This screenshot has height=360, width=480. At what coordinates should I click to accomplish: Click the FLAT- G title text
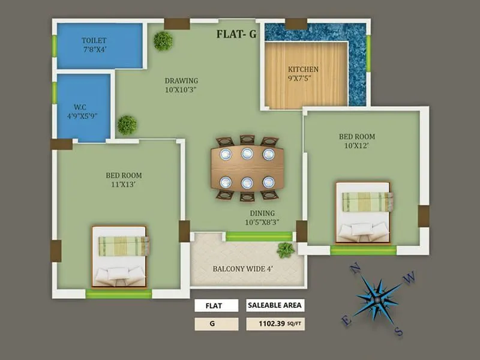point(236,34)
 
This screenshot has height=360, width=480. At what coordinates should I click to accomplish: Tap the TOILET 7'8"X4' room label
point(94,45)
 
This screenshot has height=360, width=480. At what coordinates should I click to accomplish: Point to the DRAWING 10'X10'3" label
point(181,85)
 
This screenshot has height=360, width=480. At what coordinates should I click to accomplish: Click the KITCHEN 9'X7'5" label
point(303,74)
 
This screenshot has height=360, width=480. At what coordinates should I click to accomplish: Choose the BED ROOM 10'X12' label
point(356,141)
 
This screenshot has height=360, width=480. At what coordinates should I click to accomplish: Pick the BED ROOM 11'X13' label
point(124,179)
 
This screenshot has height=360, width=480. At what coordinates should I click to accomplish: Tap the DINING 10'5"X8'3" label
point(262,218)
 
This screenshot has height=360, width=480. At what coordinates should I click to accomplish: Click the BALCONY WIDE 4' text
point(243,269)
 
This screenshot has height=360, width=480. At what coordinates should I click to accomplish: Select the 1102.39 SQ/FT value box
point(275,324)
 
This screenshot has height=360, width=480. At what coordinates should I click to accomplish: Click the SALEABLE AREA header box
point(275,305)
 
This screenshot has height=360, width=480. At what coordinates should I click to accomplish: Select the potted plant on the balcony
point(286,250)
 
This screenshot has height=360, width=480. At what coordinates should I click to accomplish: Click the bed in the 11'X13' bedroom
point(120,256)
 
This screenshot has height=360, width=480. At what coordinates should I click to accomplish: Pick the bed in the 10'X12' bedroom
point(363,213)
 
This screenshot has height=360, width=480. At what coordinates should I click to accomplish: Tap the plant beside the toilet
point(163,41)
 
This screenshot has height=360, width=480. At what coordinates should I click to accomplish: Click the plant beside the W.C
point(127,125)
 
